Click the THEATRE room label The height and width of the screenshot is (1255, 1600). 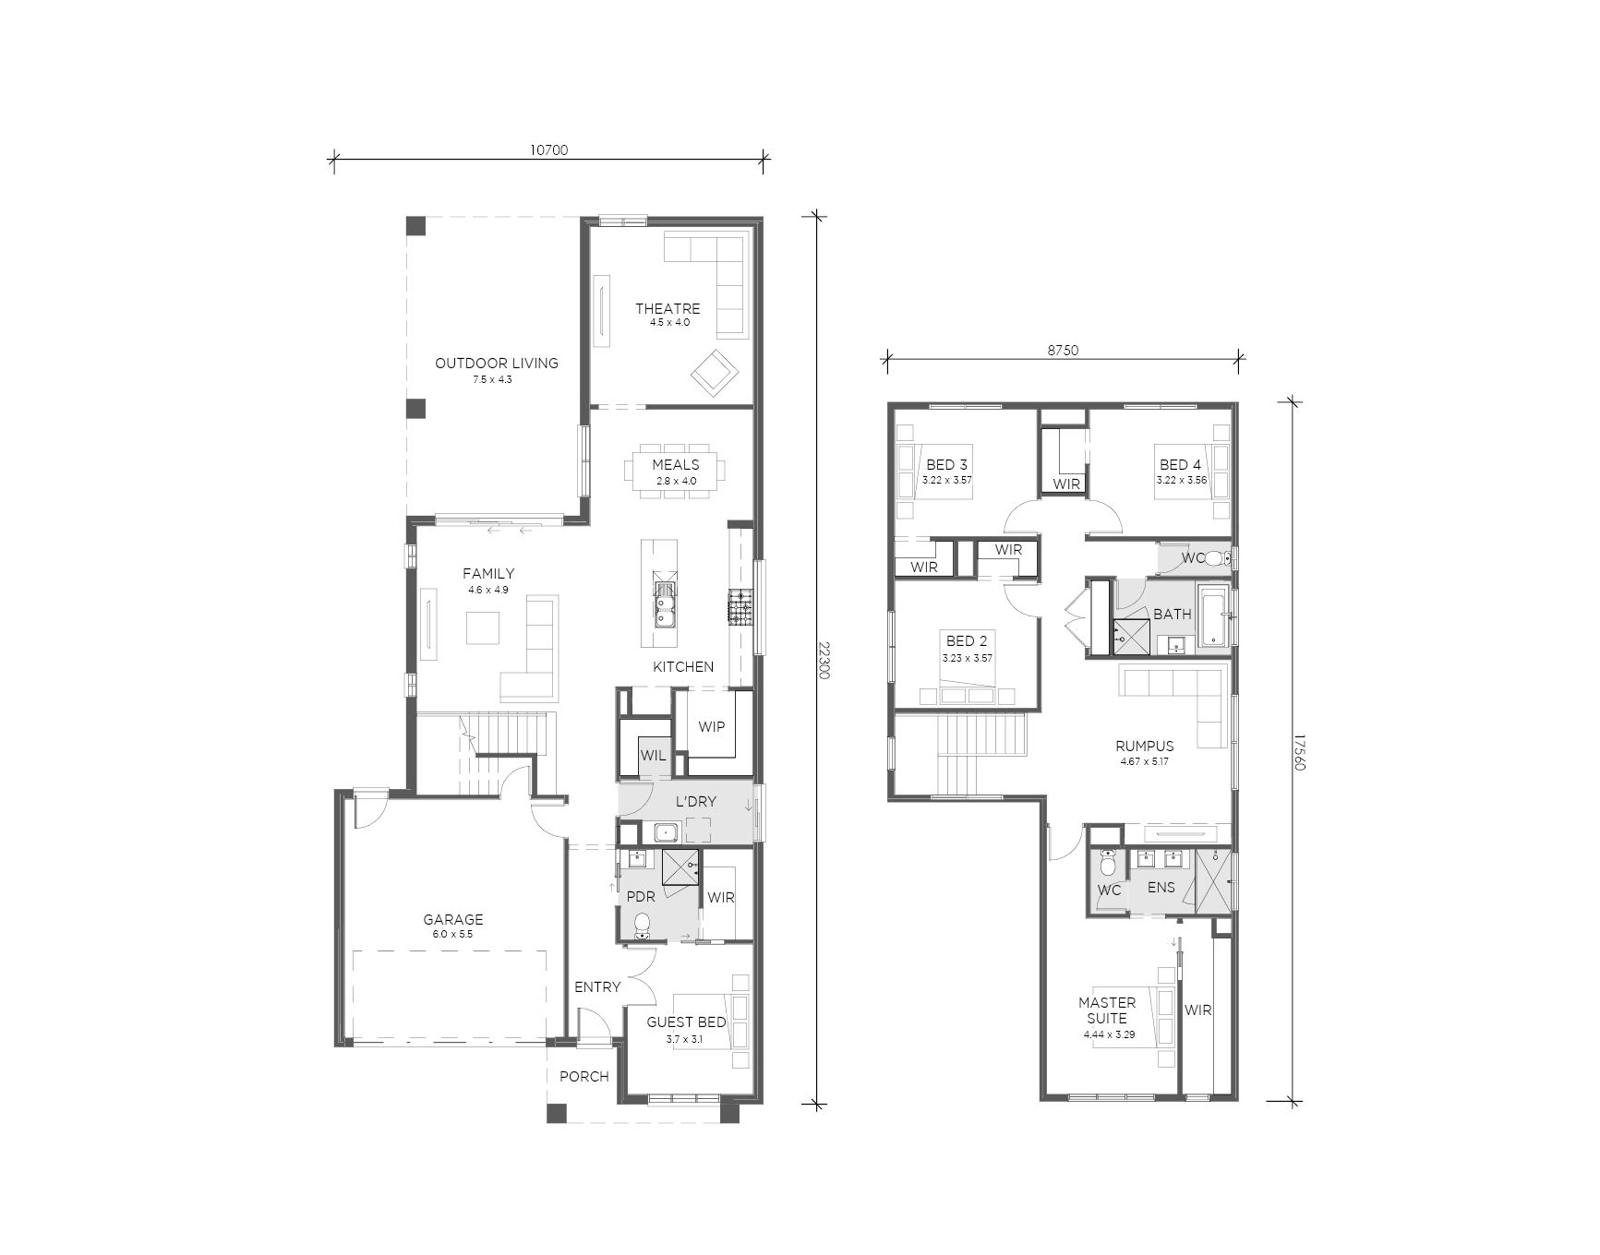pyautogui.click(x=668, y=308)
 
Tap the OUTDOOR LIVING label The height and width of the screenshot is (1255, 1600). pyautogui.click(x=497, y=363)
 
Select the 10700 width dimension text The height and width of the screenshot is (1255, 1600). pyautogui.click(x=548, y=149)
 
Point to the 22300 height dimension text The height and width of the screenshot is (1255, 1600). pyautogui.click(x=824, y=660)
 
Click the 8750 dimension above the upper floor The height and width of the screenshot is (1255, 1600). pyautogui.click(x=1063, y=351)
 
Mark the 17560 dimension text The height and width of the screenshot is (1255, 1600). pyautogui.click(x=1299, y=753)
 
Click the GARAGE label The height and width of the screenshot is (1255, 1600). pyautogui.click(x=453, y=919)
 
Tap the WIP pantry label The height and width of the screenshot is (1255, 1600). pyautogui.click(x=711, y=726)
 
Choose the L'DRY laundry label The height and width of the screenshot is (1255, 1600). pyautogui.click(x=695, y=801)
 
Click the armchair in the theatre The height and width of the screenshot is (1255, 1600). pyautogui.click(x=715, y=373)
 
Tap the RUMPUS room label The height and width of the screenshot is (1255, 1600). pyautogui.click(x=1144, y=746)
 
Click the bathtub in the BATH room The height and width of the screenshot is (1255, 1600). pyautogui.click(x=1212, y=615)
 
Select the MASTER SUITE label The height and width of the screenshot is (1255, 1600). pyautogui.click(x=1107, y=1010)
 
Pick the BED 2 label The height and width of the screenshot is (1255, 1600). pyautogui.click(x=967, y=640)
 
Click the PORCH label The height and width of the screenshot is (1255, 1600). pyautogui.click(x=584, y=1076)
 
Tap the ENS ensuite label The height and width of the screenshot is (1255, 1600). pyautogui.click(x=1161, y=887)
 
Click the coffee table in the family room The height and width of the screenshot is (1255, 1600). pyautogui.click(x=483, y=627)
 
